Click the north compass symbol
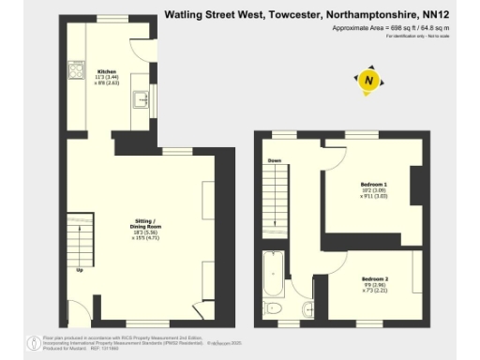click(368, 82)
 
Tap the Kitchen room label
click(107, 71)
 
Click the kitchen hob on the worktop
click(74, 69)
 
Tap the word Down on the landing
click(275, 161)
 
